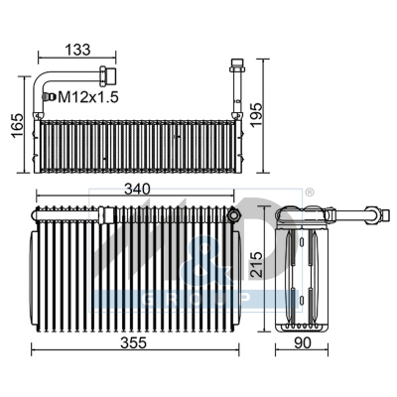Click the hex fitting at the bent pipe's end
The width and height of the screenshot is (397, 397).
(106, 74)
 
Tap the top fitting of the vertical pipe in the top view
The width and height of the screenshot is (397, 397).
(237, 67)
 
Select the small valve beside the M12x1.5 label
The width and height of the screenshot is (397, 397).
(47, 96)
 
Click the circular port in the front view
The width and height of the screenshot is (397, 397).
(233, 214)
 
